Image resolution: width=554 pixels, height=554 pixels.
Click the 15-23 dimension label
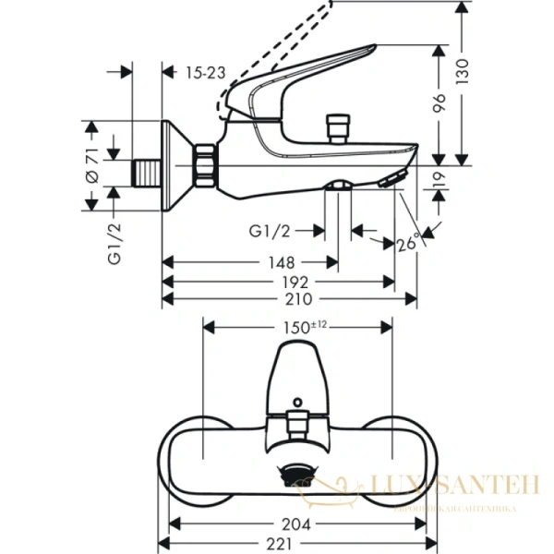coord(205,72)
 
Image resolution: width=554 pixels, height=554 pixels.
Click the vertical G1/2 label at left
coord(114,244)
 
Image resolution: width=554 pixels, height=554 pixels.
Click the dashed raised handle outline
coord(277,55)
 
